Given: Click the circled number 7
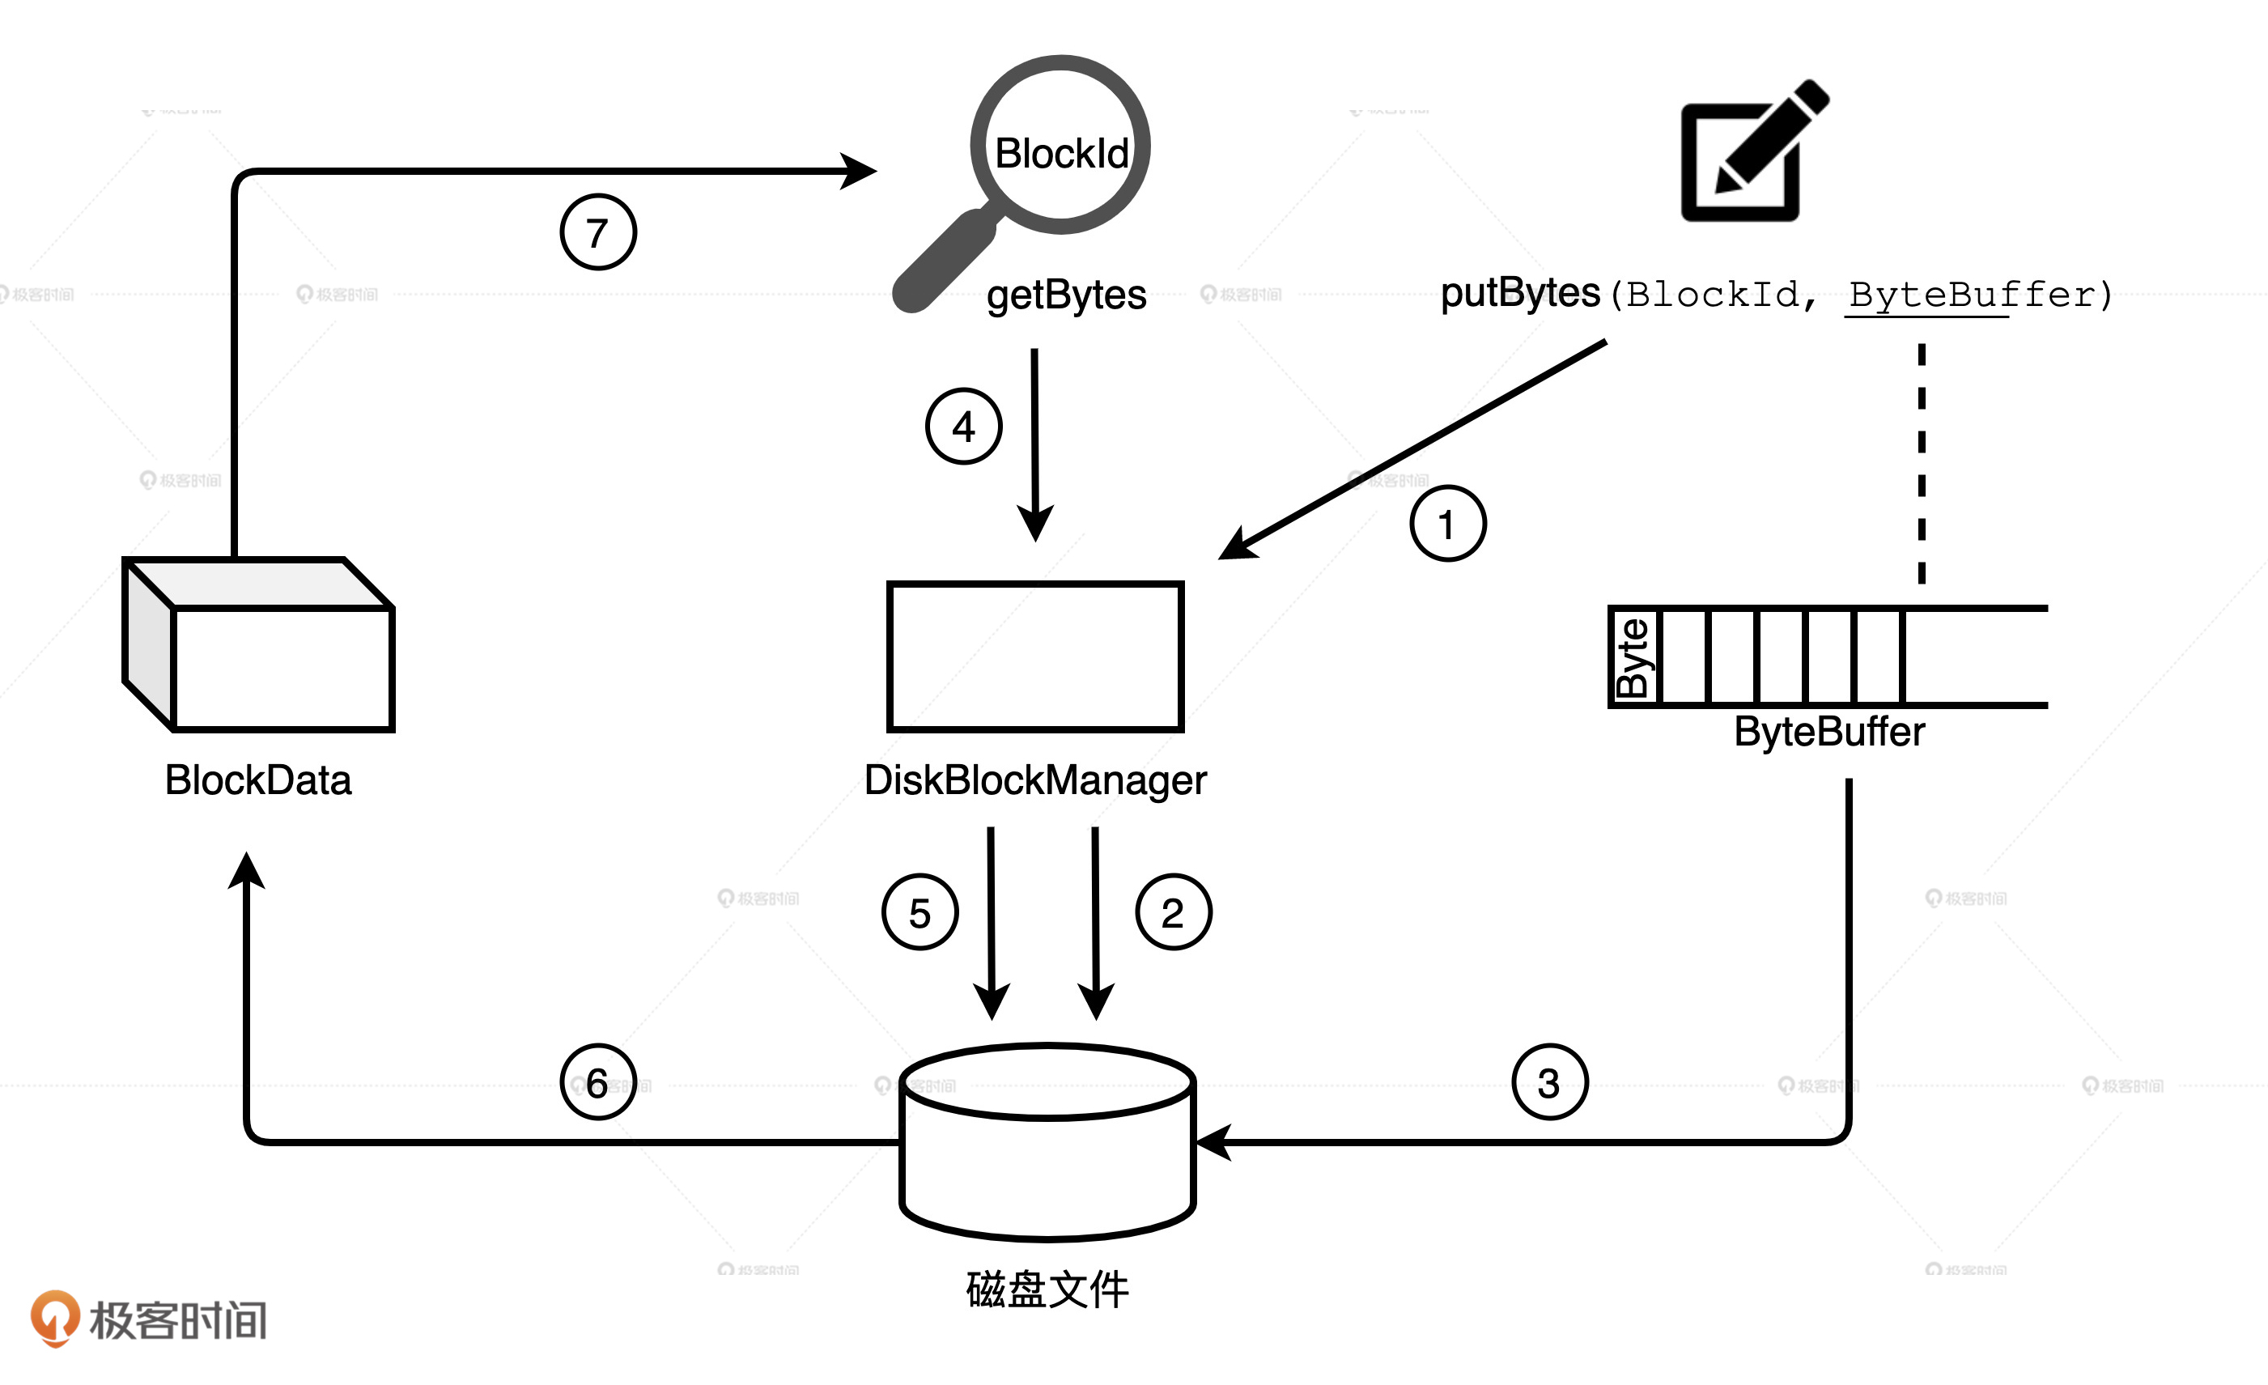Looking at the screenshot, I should pyautogui.click(x=598, y=232).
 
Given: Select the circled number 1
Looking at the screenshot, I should pyautogui.click(x=1448, y=524).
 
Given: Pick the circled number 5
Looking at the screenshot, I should pyautogui.click(x=920, y=912).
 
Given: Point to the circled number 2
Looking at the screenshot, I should pyautogui.click(x=1174, y=912).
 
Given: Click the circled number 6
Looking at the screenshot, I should pyautogui.click(x=598, y=1082).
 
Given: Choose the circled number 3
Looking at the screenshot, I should pyautogui.click(x=1550, y=1082).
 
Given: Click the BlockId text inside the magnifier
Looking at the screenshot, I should pyautogui.click(x=1061, y=153).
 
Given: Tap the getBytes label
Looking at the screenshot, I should pyautogui.click(x=1066, y=295).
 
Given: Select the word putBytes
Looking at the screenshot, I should pyautogui.click(x=1519, y=293).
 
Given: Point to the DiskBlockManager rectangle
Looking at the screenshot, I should pyautogui.click(x=1034, y=656).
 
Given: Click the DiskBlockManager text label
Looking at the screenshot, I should pyautogui.click(x=1034, y=780).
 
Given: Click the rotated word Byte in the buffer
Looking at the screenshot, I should pyautogui.click(x=1633, y=657).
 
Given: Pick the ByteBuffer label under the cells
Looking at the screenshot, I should pyautogui.click(x=1829, y=733).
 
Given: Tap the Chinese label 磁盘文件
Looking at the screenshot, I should pyautogui.click(x=1047, y=1289).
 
